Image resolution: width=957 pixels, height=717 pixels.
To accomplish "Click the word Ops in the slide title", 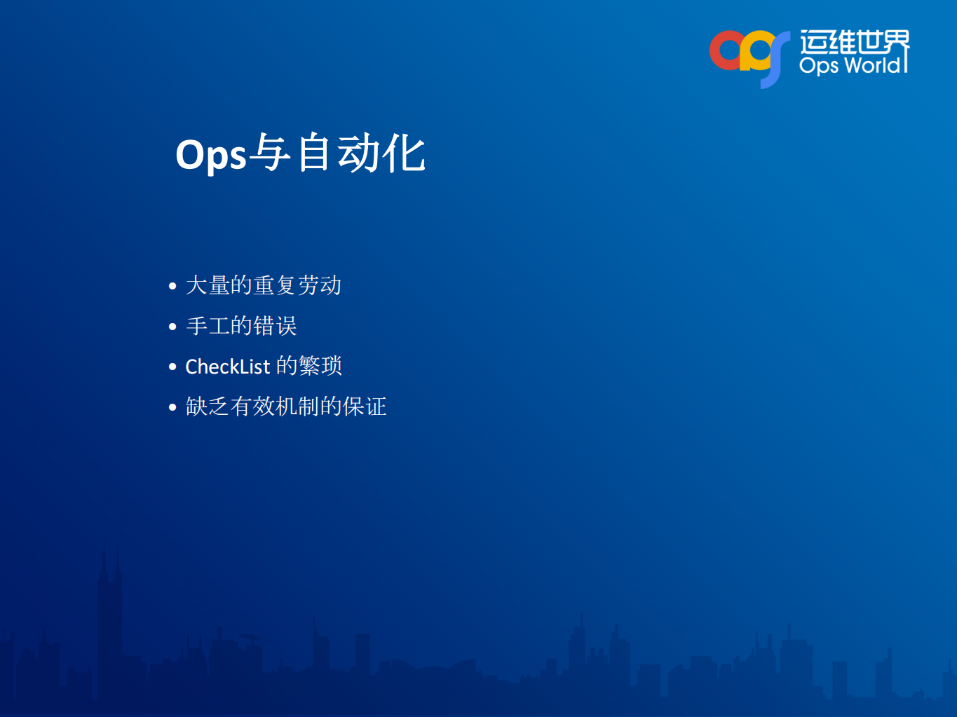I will pyautogui.click(x=210, y=155).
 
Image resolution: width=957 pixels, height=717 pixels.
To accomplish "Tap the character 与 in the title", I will pyautogui.click(x=270, y=153).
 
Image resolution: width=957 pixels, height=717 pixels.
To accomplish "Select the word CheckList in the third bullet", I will pyautogui.click(x=227, y=367).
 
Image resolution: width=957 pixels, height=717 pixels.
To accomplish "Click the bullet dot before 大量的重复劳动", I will pyautogui.click(x=172, y=286).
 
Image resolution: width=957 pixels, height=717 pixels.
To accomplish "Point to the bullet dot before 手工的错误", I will pyautogui.click(x=172, y=327).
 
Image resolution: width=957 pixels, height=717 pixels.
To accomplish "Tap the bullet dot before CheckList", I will pyautogui.click(x=172, y=367).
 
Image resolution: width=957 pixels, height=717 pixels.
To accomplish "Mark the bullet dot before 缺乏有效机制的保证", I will pyautogui.click(x=172, y=407).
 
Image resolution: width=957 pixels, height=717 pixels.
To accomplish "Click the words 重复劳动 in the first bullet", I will pyautogui.click(x=297, y=285).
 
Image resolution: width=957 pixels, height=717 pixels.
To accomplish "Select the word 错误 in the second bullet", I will pyautogui.click(x=276, y=326).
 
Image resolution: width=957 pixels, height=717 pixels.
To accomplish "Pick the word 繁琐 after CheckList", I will pyautogui.click(x=320, y=366).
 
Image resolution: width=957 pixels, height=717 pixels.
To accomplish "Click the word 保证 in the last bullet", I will pyautogui.click(x=365, y=407).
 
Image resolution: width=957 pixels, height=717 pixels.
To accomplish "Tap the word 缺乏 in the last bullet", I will pyautogui.click(x=208, y=407).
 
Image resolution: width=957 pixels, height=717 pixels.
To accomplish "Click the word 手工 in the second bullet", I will pyautogui.click(x=208, y=326).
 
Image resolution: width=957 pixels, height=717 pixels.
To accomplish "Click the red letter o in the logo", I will pyautogui.click(x=726, y=51).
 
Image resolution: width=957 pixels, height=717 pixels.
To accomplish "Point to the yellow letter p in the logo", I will pyautogui.click(x=754, y=53).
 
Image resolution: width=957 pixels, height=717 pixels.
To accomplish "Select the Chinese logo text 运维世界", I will pyautogui.click(x=854, y=42).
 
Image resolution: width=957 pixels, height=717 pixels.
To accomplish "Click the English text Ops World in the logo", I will pyautogui.click(x=850, y=65).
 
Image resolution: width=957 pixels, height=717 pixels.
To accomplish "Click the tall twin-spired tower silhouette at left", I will pyautogui.click(x=110, y=617).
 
